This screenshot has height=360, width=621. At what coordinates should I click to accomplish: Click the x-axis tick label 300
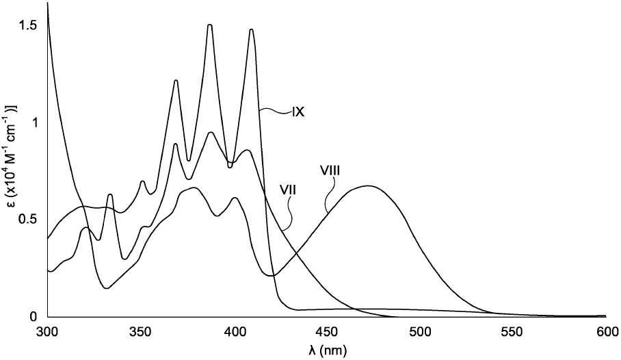(47, 331)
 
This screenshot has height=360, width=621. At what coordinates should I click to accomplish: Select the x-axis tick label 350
(141, 331)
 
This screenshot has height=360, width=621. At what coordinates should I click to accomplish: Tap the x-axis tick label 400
(234, 331)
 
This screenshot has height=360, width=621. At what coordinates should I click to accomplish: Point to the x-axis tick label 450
(327, 331)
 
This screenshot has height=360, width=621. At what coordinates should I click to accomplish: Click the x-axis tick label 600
(606, 331)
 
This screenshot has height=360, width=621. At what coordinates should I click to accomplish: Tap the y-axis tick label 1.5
(28, 25)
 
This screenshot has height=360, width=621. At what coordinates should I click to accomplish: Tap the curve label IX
(298, 113)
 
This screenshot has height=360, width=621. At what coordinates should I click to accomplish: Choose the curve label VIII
(330, 171)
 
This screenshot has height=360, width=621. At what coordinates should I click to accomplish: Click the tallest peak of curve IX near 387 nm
(210, 25)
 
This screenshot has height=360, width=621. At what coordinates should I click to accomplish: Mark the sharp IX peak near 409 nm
(251, 29)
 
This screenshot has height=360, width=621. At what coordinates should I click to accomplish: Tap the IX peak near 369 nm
(176, 81)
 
